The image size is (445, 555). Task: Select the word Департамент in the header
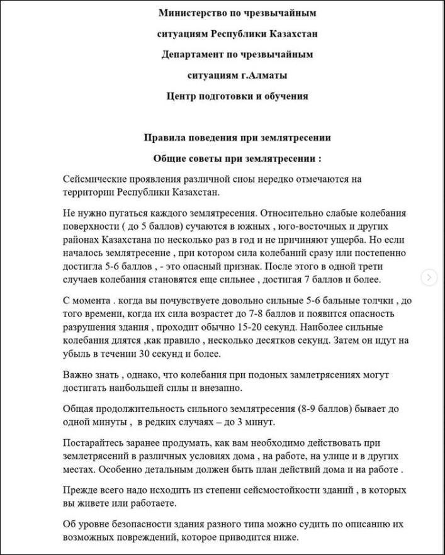pyautogui.click(x=194, y=54)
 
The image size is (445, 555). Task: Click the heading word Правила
pyautogui.click(x=166, y=138)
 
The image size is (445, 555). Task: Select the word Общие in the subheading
pyautogui.click(x=169, y=159)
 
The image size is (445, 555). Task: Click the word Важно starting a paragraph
pyautogui.click(x=78, y=375)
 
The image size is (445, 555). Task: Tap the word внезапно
pyautogui.click(x=220, y=388)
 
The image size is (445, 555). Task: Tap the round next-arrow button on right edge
pyautogui.click(x=429, y=277)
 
